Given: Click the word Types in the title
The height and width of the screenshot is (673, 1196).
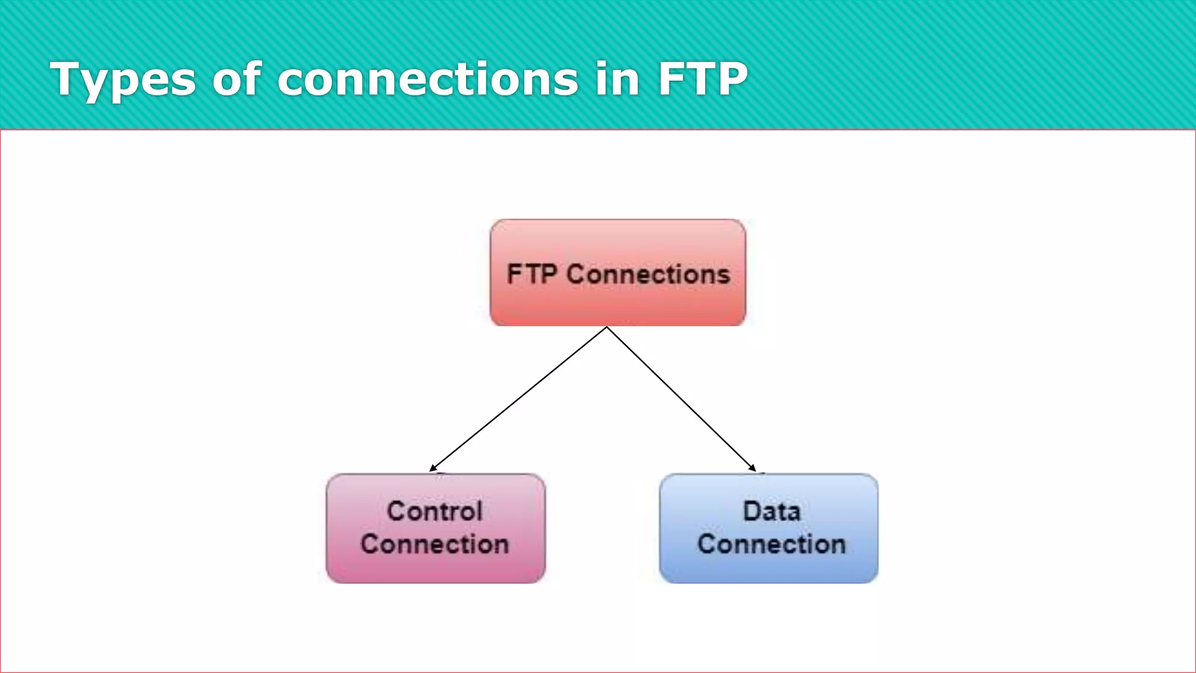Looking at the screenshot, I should (123, 80).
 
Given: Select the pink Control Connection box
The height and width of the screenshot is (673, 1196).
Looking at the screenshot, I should (436, 567).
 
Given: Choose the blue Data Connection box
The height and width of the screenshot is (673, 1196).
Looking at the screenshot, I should (769, 567).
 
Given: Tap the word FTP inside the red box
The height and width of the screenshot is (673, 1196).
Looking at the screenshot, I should (531, 274).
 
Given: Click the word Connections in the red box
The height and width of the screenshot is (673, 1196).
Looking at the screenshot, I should (648, 274).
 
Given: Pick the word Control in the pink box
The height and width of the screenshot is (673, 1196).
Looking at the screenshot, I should (434, 511).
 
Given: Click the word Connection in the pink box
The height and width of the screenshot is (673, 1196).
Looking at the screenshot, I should (434, 544).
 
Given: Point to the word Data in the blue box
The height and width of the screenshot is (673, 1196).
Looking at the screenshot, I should (771, 511).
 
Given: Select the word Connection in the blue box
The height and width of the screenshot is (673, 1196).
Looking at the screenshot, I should (771, 544).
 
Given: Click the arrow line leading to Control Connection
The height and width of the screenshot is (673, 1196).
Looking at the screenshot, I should (519, 398).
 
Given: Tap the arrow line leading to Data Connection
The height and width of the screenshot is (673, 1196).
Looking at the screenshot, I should (681, 398).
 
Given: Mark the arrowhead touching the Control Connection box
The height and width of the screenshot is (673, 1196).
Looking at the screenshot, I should (433, 468).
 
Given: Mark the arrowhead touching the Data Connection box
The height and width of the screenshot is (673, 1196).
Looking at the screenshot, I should (753, 468).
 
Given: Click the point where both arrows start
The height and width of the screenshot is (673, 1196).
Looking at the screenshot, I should (607, 327).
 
